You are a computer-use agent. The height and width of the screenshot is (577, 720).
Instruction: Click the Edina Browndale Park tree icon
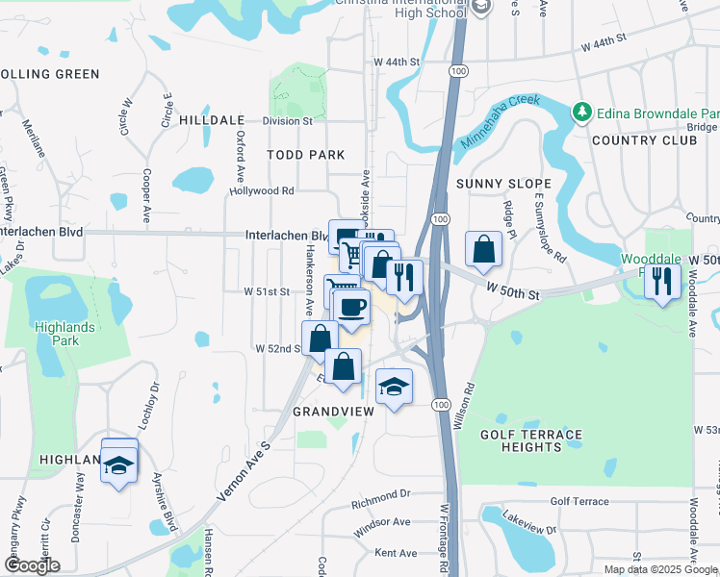click(581, 113)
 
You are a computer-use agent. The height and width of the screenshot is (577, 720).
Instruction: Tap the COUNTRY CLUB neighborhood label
click(644, 140)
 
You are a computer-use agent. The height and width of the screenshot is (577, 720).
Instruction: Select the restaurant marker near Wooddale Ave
click(661, 280)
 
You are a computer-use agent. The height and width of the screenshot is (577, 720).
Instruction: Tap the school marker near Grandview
click(393, 387)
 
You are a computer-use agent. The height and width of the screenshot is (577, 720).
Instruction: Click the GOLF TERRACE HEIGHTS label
click(531, 441)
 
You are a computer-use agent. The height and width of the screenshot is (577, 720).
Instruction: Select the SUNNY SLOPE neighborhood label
click(503, 183)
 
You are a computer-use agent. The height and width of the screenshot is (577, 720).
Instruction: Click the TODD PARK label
click(307, 154)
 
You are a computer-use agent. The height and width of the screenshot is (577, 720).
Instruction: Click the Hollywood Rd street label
click(261, 190)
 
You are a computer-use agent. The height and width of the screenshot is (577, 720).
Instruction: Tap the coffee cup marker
click(351, 308)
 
